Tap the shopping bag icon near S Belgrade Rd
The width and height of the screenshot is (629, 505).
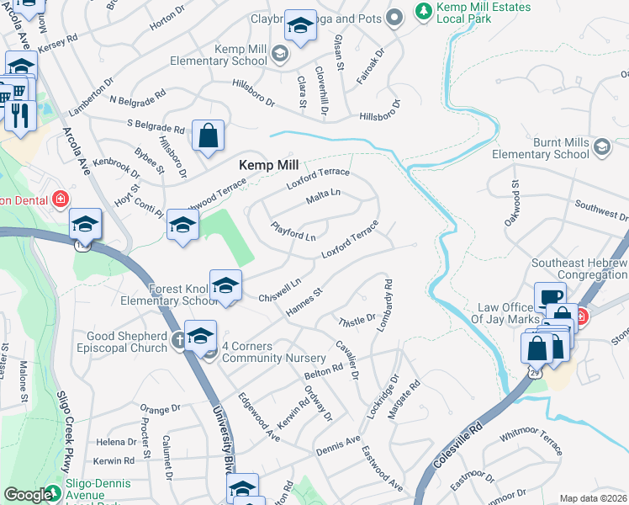(x=208, y=136)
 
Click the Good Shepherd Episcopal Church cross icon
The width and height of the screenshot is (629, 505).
(x=179, y=341)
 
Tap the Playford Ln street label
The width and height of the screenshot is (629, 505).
(x=293, y=231)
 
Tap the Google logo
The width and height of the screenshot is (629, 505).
(x=29, y=495)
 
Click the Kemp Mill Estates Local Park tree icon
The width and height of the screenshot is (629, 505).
(x=423, y=11)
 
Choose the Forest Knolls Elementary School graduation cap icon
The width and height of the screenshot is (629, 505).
(x=225, y=287)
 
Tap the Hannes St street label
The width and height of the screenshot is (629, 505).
(x=304, y=303)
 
